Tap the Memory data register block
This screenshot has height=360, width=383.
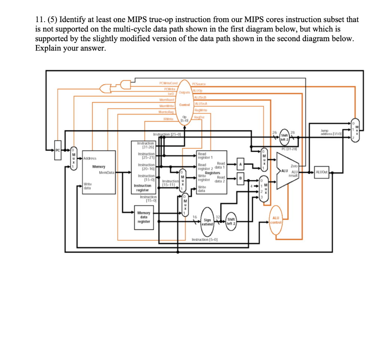pyautogui.click(x=144, y=217)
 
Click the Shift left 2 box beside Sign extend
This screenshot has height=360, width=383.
pyautogui.click(x=231, y=221)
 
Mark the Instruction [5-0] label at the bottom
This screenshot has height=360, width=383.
pyautogui.click(x=205, y=239)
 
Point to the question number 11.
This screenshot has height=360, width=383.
pyautogui.click(x=39, y=19)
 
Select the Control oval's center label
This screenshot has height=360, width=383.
pyautogui.click(x=185, y=105)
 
